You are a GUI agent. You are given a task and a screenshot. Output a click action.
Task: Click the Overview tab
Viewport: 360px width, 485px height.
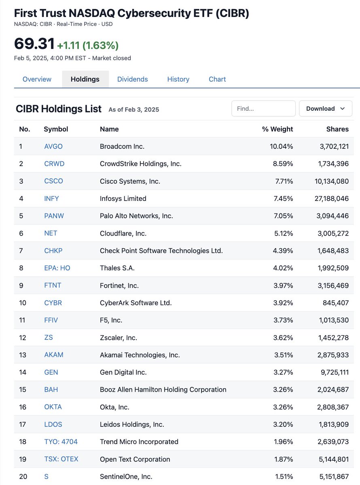tap(37, 79)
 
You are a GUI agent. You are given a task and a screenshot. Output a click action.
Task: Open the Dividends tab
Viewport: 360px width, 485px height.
tap(132, 79)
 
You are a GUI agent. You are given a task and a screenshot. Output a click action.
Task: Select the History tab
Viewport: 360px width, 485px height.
tap(178, 79)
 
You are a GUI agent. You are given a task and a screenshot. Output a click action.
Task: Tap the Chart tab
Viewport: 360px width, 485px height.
tap(217, 79)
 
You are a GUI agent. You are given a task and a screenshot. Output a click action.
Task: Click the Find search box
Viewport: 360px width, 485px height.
tap(263, 108)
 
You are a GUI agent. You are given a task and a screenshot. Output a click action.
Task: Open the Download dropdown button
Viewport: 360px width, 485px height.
tap(326, 108)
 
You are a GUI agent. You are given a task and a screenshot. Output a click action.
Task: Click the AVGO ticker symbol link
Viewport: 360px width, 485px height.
tap(53, 146)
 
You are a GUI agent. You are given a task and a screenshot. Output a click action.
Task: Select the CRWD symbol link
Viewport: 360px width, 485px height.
tap(54, 164)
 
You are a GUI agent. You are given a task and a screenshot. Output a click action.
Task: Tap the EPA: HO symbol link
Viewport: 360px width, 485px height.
tap(57, 268)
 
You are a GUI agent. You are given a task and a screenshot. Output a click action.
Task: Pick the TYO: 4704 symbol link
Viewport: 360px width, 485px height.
tap(61, 442)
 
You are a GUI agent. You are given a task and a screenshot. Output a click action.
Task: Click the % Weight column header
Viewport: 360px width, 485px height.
tap(277, 129)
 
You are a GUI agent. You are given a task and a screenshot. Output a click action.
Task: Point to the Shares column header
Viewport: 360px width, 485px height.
tap(337, 129)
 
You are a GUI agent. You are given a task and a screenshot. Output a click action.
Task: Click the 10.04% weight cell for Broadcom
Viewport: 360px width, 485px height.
tap(281, 146)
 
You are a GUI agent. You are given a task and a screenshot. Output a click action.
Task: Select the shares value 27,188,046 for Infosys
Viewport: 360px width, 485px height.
tap(332, 198)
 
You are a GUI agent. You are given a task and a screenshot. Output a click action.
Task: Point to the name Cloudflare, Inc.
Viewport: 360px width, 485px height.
tap(123, 233)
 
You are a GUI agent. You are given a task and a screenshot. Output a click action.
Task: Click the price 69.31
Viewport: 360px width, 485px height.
tap(34, 44)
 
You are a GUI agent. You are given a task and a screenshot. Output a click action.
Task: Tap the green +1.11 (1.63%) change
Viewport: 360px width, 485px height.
tap(88, 45)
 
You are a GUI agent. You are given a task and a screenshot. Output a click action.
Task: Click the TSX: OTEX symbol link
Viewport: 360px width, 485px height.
tap(61, 459)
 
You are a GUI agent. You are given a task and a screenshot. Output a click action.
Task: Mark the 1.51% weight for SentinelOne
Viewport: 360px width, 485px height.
tap(284, 477)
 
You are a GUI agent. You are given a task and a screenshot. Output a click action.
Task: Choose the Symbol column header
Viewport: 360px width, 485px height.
tap(56, 129)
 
